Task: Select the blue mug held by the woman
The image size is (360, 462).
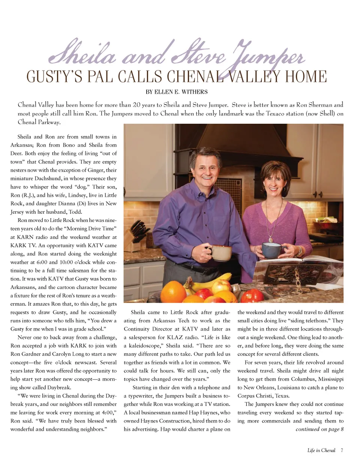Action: tap(271, 249)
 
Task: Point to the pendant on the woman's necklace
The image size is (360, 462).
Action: tap(271, 238)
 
